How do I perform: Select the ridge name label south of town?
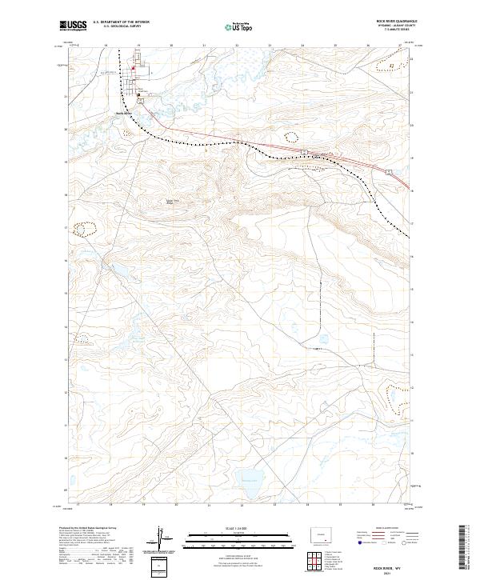point(170,202)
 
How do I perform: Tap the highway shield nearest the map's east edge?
point(387,172)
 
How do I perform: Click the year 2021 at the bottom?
point(376,570)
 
